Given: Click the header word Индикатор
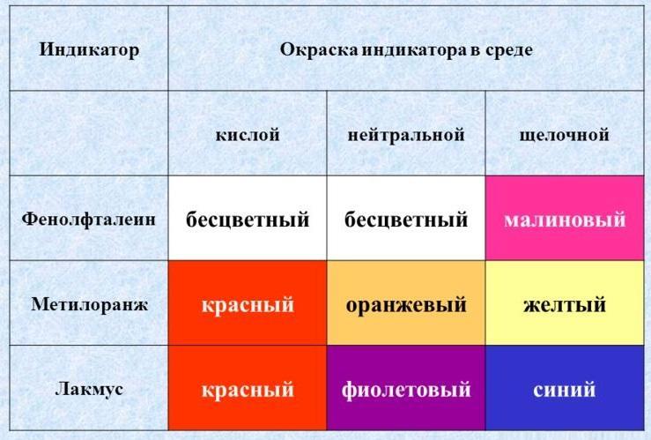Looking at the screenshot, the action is click(89, 50).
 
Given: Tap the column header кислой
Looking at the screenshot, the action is click(248, 135).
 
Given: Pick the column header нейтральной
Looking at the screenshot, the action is click(406, 135).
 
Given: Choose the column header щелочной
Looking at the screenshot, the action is click(565, 135).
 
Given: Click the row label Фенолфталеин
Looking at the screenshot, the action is click(89, 219).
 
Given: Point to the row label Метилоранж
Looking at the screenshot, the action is click(89, 304).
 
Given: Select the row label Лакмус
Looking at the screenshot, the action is click(89, 390).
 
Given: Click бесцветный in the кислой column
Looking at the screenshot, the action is click(248, 219).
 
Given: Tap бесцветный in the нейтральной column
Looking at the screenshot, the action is click(406, 219).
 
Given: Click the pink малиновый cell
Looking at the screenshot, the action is click(565, 218).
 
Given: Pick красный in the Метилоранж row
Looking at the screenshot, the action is click(248, 303).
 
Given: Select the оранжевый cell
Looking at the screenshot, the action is click(406, 303).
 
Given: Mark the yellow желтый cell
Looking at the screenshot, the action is click(565, 303).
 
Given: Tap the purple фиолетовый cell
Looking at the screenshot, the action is click(406, 388).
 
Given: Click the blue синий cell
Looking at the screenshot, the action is click(565, 388).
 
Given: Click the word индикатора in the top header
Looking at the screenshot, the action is click(414, 50).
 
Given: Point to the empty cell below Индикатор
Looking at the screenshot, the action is click(89, 133).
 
